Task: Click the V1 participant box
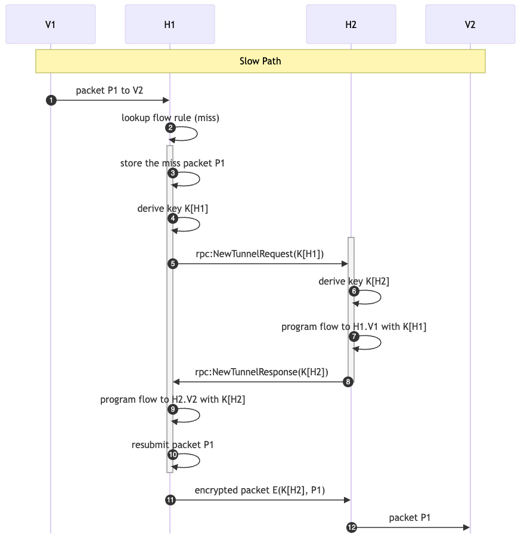[x=51, y=24]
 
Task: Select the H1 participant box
[x=170, y=24]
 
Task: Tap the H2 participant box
[x=351, y=24]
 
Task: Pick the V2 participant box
[x=470, y=24]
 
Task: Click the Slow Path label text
[x=260, y=61]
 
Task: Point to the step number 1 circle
[x=51, y=100]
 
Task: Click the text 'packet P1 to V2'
[x=109, y=90]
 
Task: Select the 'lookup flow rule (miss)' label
[x=170, y=118]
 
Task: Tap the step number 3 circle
[x=173, y=173]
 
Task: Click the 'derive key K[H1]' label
[x=173, y=208]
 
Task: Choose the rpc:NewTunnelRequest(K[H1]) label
[x=260, y=254]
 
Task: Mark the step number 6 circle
[x=354, y=291]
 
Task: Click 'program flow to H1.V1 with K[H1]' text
[x=354, y=326]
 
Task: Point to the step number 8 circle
[x=348, y=382]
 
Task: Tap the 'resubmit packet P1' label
[x=173, y=445]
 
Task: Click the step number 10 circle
[x=173, y=455]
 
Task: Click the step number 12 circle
[x=352, y=527]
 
